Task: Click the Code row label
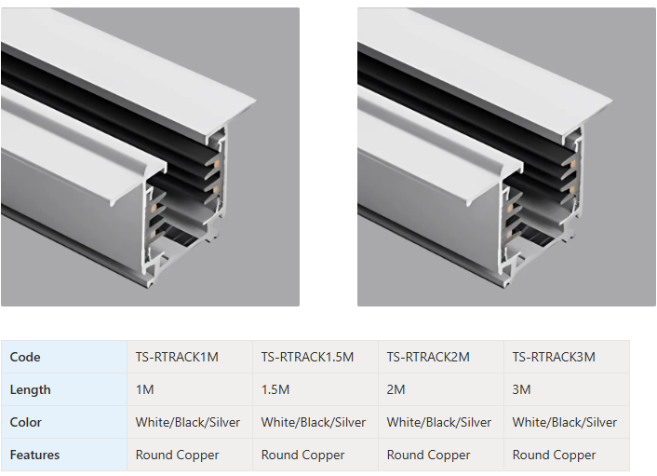[x=25, y=357]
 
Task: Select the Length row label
[x=30, y=389]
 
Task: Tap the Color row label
[x=25, y=422]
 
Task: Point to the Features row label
[x=34, y=455]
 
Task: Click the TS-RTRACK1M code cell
[x=177, y=357]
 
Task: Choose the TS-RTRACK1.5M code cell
[x=307, y=357]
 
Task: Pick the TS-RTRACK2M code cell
[x=428, y=357]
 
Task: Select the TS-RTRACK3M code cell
[x=554, y=357]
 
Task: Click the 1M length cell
[x=144, y=389]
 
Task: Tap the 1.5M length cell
[x=275, y=389]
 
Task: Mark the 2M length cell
[x=396, y=389]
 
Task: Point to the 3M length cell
[x=521, y=389]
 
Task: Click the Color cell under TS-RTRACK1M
[x=188, y=422]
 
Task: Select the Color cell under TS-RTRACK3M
[x=564, y=422]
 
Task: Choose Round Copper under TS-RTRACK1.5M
[x=302, y=455]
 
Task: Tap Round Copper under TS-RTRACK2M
[x=428, y=455]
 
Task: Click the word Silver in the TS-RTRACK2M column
[x=476, y=422]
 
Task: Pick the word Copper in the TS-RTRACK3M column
[x=575, y=456]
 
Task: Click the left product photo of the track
[x=150, y=156]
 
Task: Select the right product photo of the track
[x=506, y=156]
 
